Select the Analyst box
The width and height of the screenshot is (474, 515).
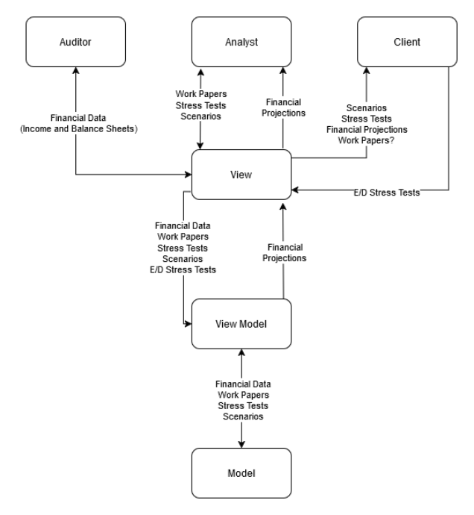click(x=241, y=42)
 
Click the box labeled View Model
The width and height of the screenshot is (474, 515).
click(x=241, y=323)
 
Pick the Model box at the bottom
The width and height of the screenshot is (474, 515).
click(x=241, y=473)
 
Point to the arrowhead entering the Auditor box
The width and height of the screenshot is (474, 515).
click(x=76, y=72)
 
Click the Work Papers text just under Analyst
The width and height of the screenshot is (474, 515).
click(x=200, y=95)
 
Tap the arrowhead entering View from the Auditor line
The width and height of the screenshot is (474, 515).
click(x=188, y=175)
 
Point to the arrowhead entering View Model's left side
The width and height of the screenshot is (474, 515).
click(x=188, y=324)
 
